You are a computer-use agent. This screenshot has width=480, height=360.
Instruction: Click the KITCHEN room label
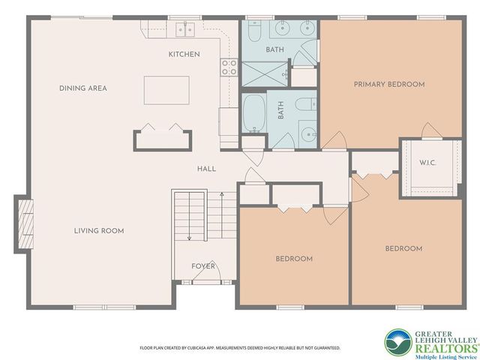tap(184, 55)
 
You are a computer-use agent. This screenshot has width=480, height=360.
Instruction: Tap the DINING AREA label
tap(83, 88)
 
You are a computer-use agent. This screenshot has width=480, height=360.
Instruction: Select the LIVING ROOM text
tap(99, 231)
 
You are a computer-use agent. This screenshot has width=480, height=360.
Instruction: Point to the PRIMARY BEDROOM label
tap(389, 85)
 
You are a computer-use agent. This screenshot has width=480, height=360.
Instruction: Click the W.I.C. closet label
tap(427, 163)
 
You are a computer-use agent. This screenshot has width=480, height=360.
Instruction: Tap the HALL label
tap(206, 169)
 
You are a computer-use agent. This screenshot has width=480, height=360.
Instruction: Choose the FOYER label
tap(203, 266)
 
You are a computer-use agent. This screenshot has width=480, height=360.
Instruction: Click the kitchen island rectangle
tap(166, 90)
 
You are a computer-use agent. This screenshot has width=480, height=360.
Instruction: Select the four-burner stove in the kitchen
tap(229, 67)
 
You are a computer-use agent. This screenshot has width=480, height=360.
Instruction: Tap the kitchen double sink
tap(185, 29)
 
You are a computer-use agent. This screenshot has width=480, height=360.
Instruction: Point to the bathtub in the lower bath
tap(254, 113)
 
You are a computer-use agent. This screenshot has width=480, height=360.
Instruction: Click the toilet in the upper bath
tap(254, 31)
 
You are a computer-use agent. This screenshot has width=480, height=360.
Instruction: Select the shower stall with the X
tap(265, 73)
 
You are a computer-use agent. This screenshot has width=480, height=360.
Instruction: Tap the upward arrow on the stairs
tap(222, 215)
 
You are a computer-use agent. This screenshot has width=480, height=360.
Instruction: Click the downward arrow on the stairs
tap(190, 217)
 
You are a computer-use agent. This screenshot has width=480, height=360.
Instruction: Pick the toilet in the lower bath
tap(306, 104)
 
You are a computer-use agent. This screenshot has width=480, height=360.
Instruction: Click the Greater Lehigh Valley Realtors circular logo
tap(398, 342)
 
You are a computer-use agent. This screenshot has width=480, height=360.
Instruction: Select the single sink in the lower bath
tap(308, 134)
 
